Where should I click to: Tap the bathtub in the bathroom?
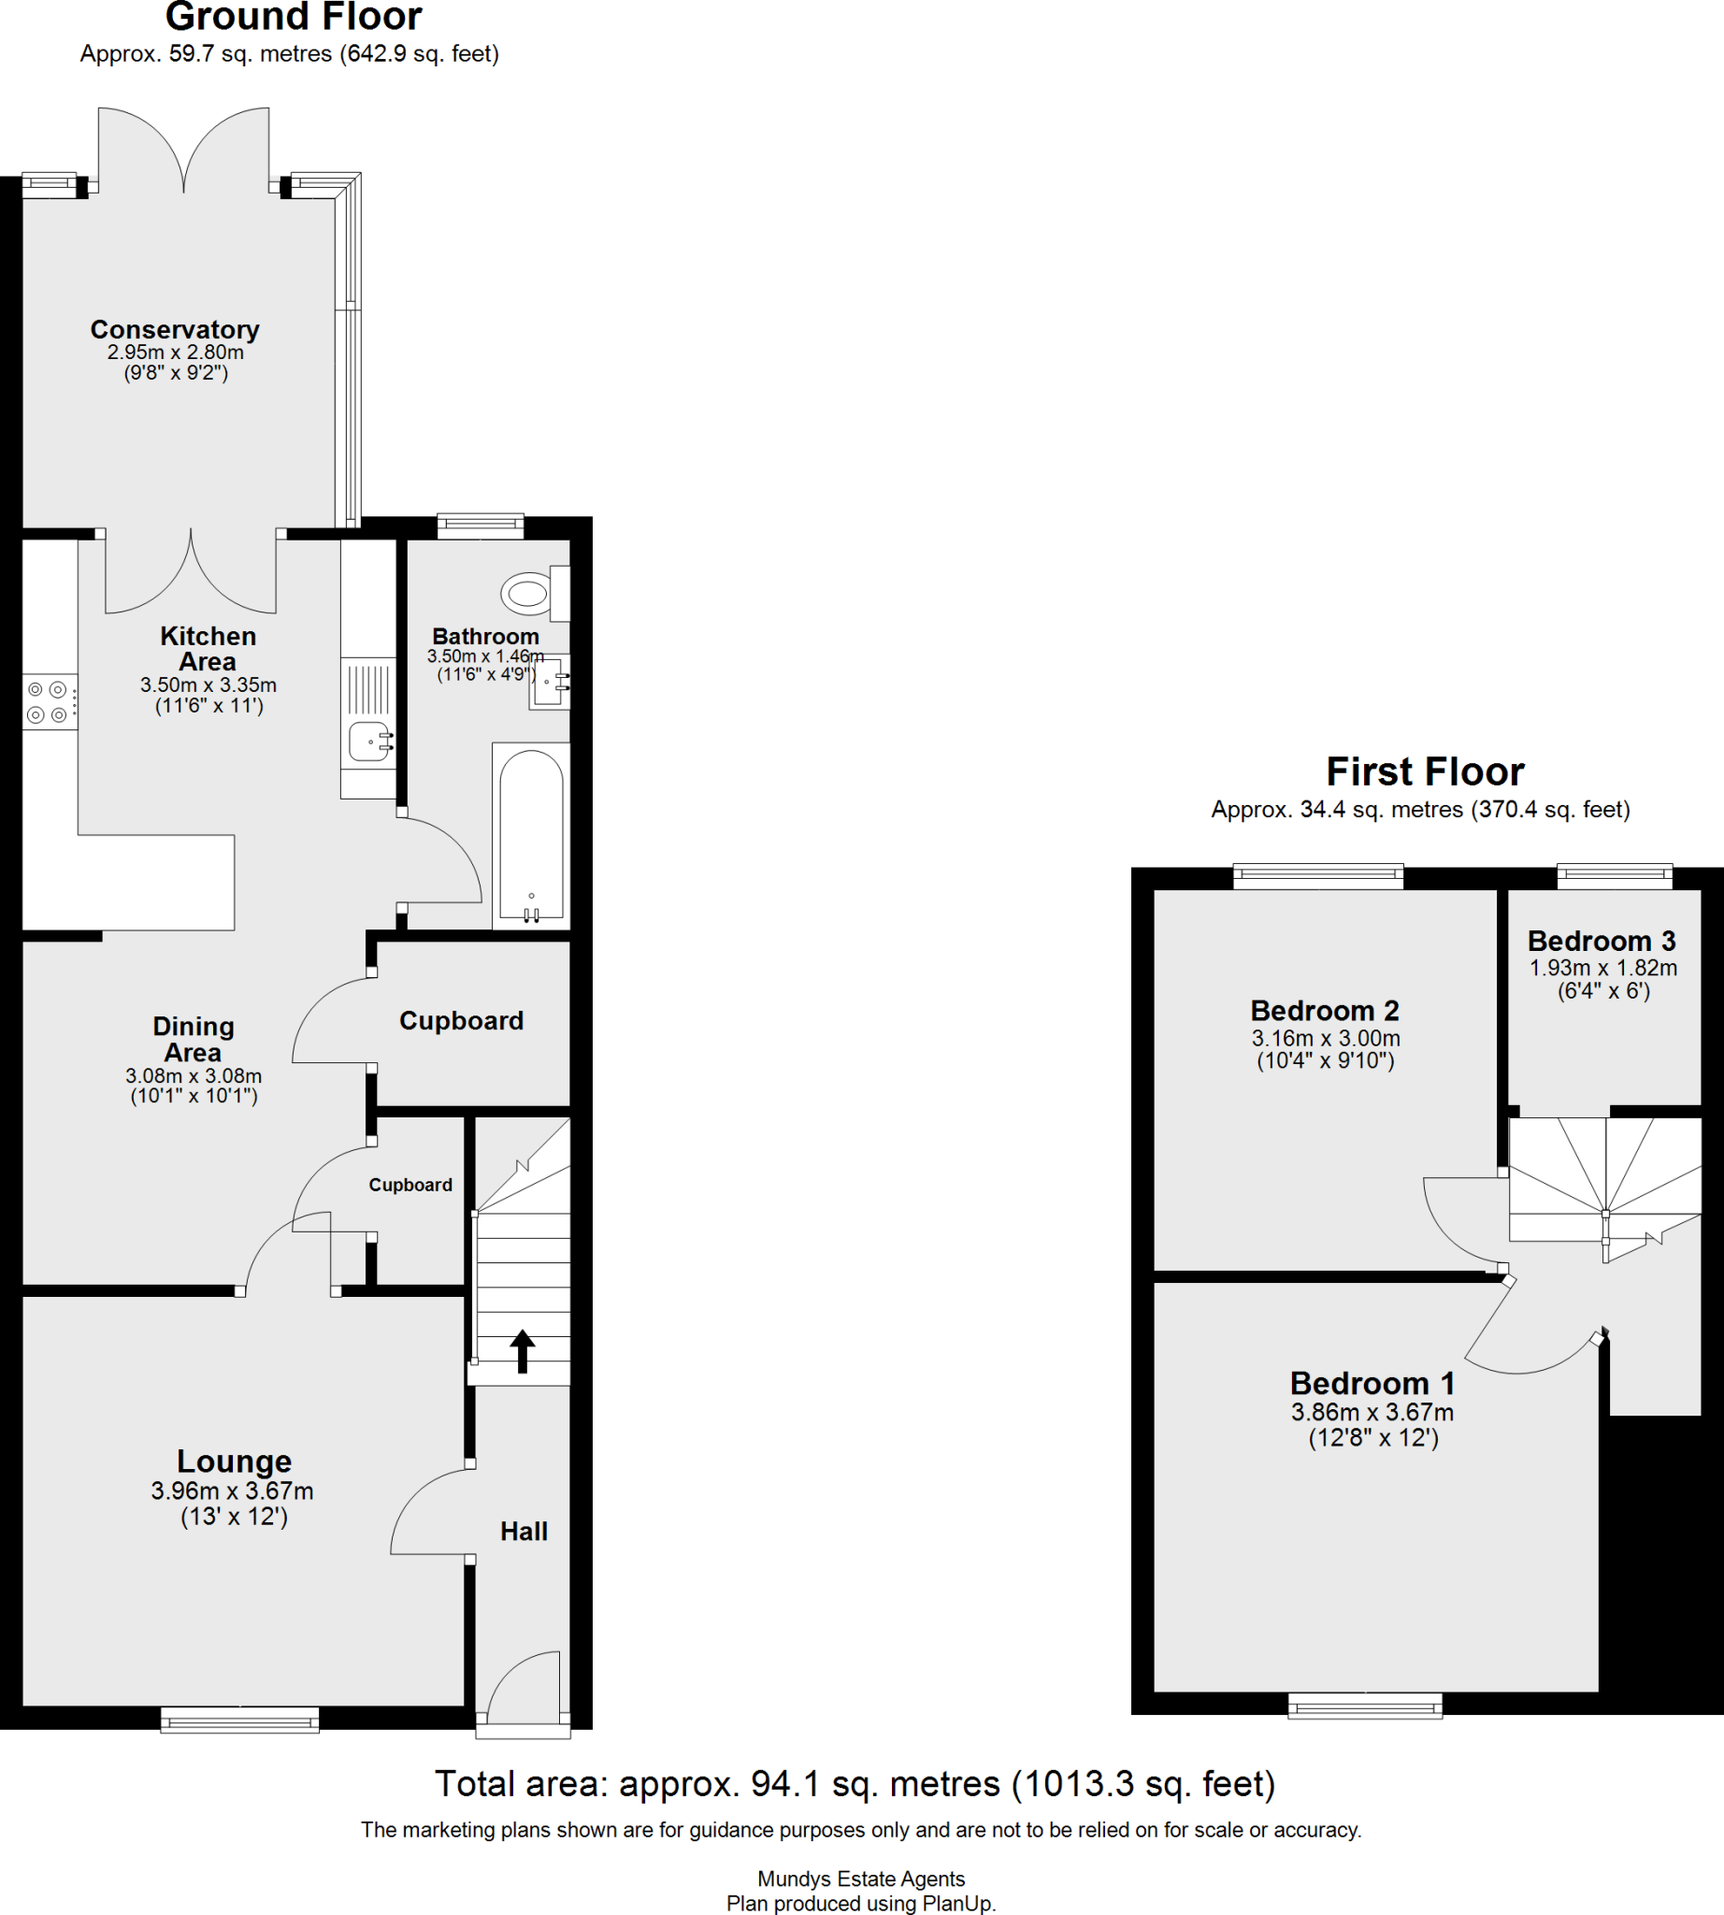point(530,834)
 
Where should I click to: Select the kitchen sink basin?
point(368,741)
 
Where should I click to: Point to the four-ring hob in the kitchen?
point(48,702)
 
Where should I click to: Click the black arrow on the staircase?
point(522,1350)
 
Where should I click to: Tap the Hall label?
point(524,1532)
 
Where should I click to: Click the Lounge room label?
point(234,1461)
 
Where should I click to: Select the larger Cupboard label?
point(461,1020)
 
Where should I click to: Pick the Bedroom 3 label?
point(1601,941)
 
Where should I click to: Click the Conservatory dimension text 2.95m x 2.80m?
point(175,352)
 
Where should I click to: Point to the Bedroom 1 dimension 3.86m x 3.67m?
point(1372,1412)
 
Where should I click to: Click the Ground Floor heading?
point(294,17)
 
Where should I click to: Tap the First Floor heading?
point(1425,771)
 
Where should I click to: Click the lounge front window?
point(239,1720)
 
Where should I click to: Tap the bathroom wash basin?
point(551,683)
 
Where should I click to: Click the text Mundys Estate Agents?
point(861,1878)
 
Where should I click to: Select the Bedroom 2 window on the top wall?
point(1317,876)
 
